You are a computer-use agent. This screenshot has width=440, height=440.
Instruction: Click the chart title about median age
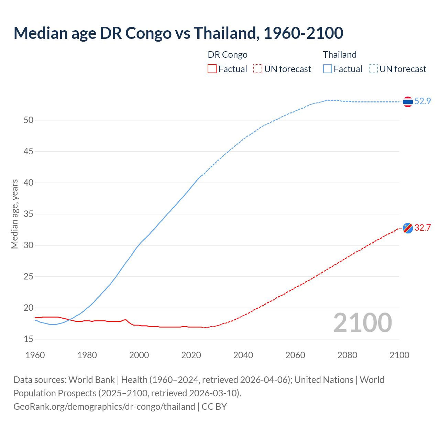click(178, 33)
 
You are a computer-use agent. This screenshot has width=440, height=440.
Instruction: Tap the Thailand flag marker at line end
click(408, 102)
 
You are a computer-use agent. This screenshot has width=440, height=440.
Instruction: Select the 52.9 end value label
click(422, 101)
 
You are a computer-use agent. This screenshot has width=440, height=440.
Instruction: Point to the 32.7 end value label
click(422, 228)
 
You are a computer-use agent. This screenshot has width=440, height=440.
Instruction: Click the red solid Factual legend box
click(212, 69)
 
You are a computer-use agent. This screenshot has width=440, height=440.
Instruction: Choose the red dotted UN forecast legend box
click(258, 69)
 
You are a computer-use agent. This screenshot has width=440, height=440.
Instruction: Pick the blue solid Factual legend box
click(328, 69)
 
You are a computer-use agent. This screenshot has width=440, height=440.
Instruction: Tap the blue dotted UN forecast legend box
click(373, 69)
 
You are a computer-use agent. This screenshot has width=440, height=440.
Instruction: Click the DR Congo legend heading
click(228, 55)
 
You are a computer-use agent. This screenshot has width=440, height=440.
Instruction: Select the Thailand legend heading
click(340, 55)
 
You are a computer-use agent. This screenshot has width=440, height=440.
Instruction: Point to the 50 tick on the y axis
click(29, 120)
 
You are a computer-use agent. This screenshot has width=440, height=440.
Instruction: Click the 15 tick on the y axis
click(29, 339)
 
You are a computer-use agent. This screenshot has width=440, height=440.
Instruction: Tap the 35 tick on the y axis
click(29, 214)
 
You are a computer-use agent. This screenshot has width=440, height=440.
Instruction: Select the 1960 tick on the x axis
click(35, 355)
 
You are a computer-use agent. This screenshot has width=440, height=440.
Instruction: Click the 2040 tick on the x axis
click(243, 355)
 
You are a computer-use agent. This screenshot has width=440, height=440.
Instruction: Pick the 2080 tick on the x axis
click(347, 355)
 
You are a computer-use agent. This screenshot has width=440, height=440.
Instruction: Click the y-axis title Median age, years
click(14, 214)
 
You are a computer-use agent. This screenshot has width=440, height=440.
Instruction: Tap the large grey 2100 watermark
click(362, 323)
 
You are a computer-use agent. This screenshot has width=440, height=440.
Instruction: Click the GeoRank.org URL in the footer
click(104, 407)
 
